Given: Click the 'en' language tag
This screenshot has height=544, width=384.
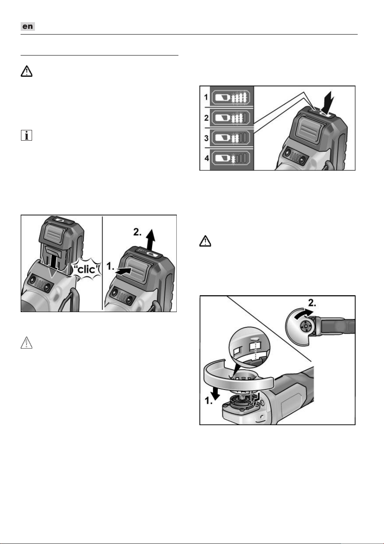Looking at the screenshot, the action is point(28,26).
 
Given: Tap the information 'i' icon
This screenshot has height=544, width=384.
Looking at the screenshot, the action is point(26,135).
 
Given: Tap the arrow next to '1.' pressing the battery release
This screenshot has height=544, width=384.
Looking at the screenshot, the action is point(123,271).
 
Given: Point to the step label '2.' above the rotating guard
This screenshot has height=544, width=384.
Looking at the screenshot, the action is point(312,303).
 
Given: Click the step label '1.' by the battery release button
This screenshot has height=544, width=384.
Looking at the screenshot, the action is point(110,266).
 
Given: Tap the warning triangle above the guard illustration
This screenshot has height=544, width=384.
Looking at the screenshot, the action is point(205,241).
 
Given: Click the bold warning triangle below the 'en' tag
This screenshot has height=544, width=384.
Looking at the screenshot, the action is point(26,71).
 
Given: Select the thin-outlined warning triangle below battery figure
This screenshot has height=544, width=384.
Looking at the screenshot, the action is point(26,343).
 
